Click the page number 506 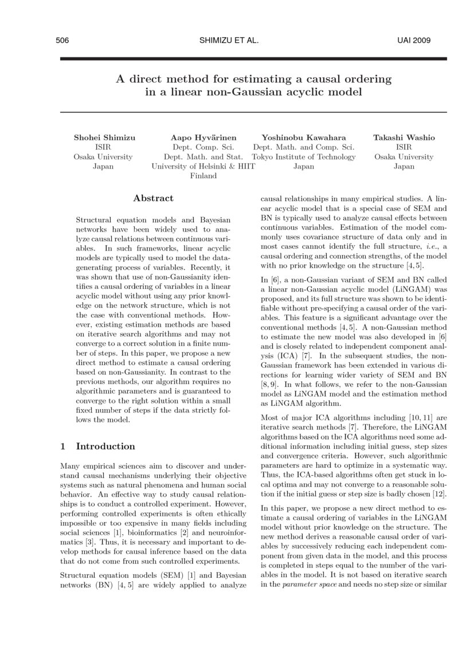coord(62,41)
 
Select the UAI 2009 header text coord(413,41)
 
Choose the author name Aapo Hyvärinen coord(203,138)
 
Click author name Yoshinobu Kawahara coord(303,138)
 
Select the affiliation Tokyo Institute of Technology coord(304,156)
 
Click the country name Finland coord(203,176)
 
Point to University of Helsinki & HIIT coord(203,166)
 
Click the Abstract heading coord(153,198)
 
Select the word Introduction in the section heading coord(105,446)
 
